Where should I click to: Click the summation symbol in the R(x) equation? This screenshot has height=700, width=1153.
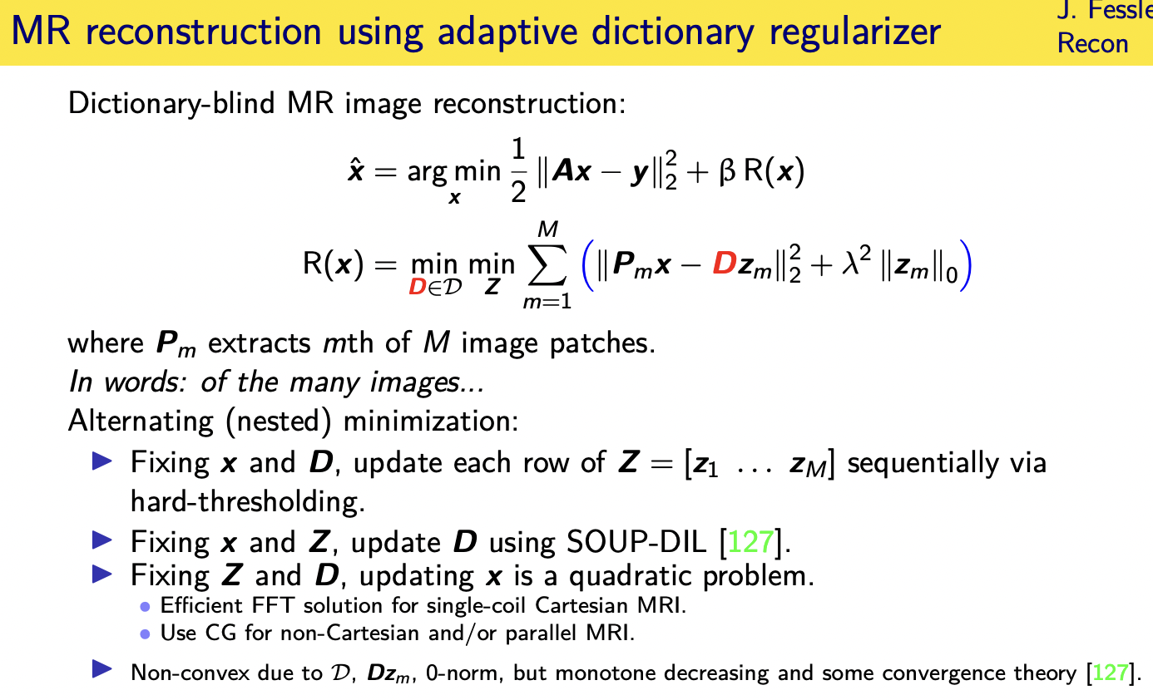click(x=547, y=265)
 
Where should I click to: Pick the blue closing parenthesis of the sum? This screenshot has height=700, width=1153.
click(x=964, y=267)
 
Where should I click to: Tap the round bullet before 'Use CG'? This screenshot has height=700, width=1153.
click(x=145, y=633)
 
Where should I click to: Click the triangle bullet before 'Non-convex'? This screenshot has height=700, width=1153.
click(x=101, y=670)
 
